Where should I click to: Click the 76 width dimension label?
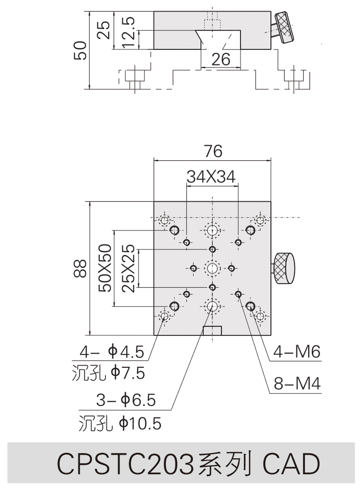pos(213,151)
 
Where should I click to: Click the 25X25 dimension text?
pos(128,268)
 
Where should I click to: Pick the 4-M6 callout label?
pos(296,352)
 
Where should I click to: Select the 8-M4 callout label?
pos(297,384)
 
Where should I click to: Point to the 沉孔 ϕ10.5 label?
pos(120,424)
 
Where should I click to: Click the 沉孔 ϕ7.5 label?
pos(108,373)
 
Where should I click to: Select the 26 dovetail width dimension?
pos(221,60)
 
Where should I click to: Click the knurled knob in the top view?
pos(284,269)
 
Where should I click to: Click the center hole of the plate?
pos(212,268)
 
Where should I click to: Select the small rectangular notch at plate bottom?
pos(212,331)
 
